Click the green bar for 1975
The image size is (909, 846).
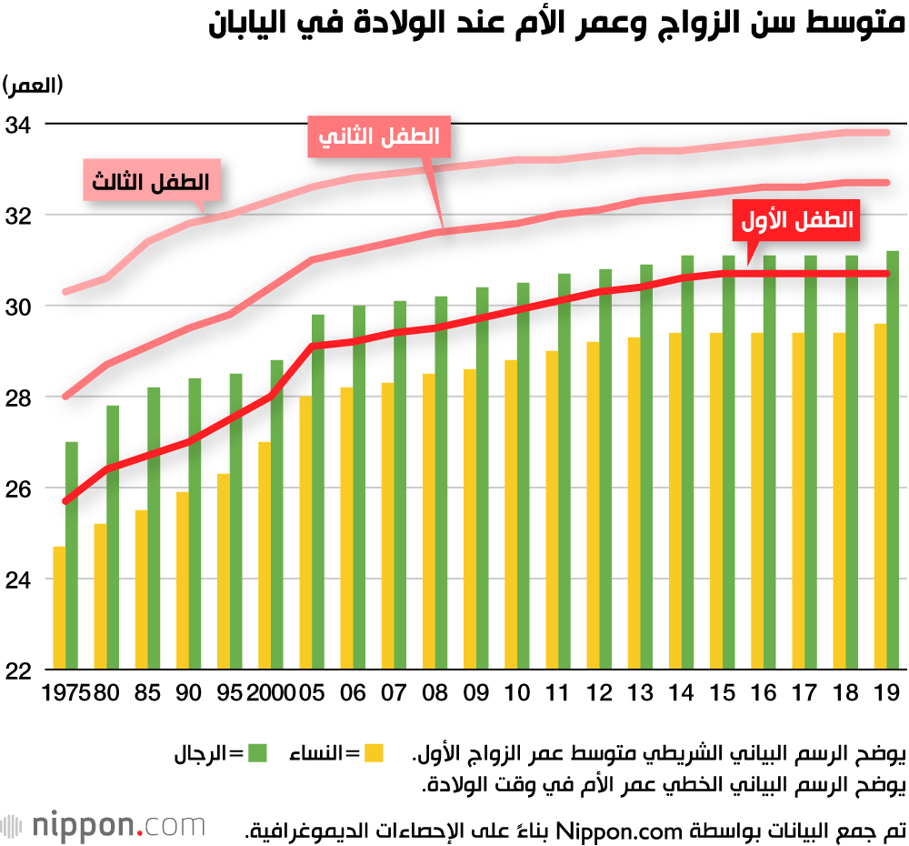[71, 556]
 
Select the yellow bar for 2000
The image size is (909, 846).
[265, 556]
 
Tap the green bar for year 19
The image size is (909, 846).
[893, 460]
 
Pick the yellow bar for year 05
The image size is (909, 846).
[305, 533]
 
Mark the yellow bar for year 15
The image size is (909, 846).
[716, 501]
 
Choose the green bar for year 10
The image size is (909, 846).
[523, 477]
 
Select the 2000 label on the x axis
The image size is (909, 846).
[272, 693]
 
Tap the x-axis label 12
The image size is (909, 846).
[599, 693]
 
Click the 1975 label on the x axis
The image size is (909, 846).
[65, 693]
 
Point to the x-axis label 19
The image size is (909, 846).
[886, 693]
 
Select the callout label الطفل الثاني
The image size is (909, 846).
[380, 137]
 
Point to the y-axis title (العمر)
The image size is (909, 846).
[34, 86]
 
